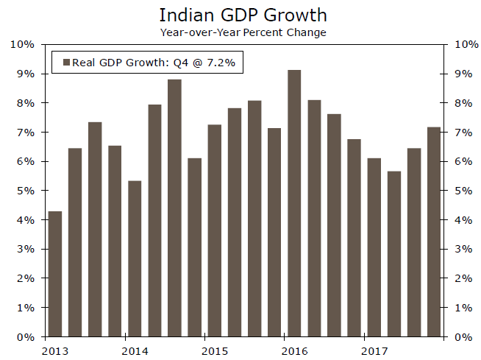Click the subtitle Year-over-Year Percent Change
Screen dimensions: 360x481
pos(243,32)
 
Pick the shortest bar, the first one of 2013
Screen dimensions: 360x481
pos(54,274)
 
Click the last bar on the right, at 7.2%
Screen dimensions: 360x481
pos(434,232)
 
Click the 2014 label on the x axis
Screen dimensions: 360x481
pos(134,350)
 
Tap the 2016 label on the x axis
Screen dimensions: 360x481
pos(293,350)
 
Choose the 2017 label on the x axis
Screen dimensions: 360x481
pos(374,350)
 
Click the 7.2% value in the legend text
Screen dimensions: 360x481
pos(220,63)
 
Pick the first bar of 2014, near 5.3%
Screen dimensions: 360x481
pos(134,258)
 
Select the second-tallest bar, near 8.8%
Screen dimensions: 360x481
pos(174,208)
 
